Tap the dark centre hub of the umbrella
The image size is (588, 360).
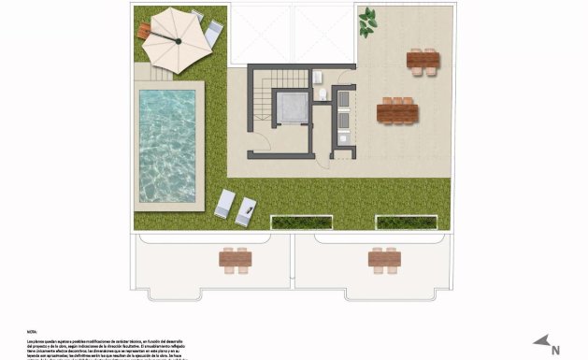[x=176, y=39]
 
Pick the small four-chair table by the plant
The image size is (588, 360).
[x=423, y=61]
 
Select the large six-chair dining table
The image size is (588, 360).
[x=398, y=111]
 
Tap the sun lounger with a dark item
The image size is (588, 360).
[x=246, y=211]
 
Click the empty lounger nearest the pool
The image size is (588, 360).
[x=224, y=203]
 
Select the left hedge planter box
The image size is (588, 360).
[x=302, y=223]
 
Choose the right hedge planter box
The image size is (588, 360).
[x=406, y=223]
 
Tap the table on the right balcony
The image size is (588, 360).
[x=384, y=258]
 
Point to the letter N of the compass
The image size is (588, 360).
[x=555, y=349]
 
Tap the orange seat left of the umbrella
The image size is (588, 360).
[x=143, y=31]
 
